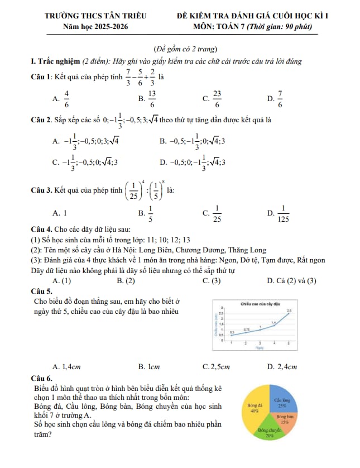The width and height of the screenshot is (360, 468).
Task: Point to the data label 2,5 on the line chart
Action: pos(289,310)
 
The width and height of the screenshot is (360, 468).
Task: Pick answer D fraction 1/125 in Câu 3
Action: pos(284,213)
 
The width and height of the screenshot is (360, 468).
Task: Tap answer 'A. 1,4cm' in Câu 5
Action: pos(66,366)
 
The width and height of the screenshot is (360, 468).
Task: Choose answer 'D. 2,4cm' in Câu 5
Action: pos(282,366)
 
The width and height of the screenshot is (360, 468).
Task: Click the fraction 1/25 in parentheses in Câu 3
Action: pos(135,190)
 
